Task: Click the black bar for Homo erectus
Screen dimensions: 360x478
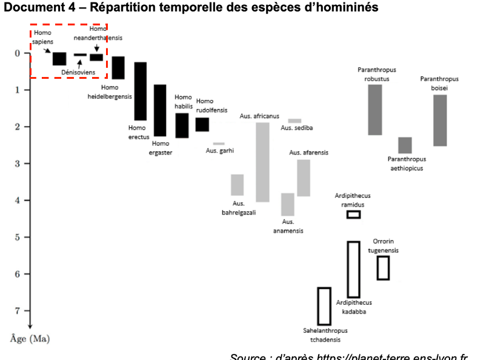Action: [x=140, y=91]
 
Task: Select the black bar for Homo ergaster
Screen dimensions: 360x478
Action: [x=160, y=110]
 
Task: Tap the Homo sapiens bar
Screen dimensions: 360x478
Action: [x=59, y=58]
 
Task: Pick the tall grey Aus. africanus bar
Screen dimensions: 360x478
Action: [x=262, y=162]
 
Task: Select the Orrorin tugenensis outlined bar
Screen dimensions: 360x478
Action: [x=383, y=268]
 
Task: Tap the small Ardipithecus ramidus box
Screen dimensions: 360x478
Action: [x=353, y=215]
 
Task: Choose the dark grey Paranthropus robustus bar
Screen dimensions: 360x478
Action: [x=375, y=110]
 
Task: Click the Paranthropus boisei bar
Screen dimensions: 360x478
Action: [x=440, y=120]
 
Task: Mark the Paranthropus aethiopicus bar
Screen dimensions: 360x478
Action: [x=405, y=145]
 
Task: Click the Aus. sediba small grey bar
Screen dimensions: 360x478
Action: [x=294, y=121]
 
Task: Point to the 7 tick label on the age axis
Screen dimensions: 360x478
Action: [x=19, y=311]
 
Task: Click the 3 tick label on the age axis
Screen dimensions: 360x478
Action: [x=19, y=164]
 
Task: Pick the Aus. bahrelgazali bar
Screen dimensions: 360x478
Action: [x=237, y=185]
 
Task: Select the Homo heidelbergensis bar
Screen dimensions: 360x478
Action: [x=118, y=67]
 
